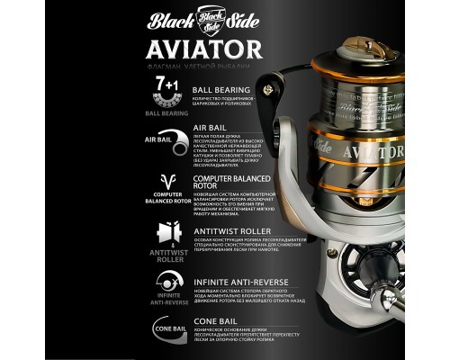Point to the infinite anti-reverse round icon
pos(164,280)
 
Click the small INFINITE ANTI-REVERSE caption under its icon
pos(164,299)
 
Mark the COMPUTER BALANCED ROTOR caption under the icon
pos(164,204)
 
